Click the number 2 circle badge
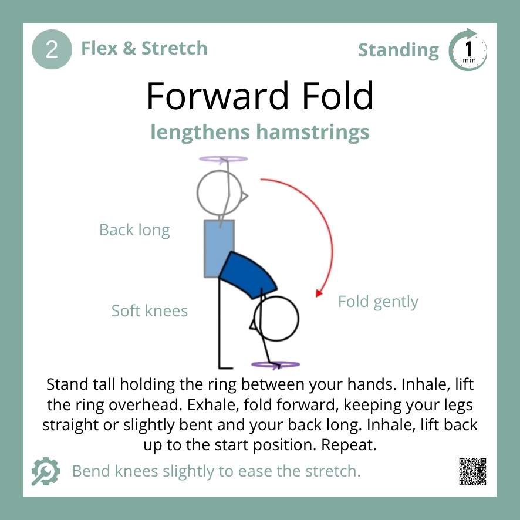(52, 50)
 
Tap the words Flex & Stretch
(144, 48)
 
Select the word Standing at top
(398, 50)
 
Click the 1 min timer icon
(468, 51)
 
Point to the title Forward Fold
(259, 96)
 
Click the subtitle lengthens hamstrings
(259, 132)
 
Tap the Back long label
(134, 229)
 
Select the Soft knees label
(150, 310)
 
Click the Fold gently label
(378, 302)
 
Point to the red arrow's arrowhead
(319, 292)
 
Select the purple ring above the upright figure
(223, 159)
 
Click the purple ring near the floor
(275, 364)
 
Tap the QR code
(473, 471)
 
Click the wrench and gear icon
(46, 471)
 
